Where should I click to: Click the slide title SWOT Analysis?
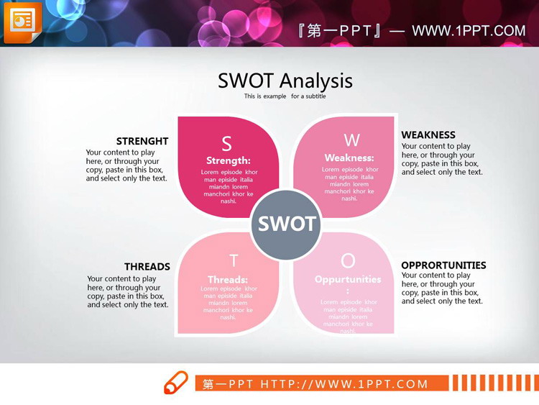click(x=285, y=81)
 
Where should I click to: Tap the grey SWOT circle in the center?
click(x=287, y=224)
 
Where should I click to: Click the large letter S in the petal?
click(x=226, y=144)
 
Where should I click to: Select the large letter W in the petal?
click(x=351, y=140)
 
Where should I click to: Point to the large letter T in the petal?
click(x=234, y=260)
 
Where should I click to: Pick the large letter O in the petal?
click(x=348, y=260)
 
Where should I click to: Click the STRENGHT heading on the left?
click(x=142, y=141)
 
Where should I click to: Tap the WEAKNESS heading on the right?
click(x=428, y=135)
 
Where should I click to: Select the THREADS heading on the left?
click(x=147, y=267)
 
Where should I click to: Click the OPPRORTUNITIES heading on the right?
click(x=443, y=265)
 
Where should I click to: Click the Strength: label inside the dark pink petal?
click(x=229, y=160)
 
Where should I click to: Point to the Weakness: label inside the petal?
click(x=349, y=158)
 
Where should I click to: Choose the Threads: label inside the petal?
click(x=228, y=279)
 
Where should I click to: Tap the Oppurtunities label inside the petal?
click(x=348, y=279)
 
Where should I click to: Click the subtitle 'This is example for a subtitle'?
click(x=285, y=96)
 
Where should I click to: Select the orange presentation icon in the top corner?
click(x=22, y=22)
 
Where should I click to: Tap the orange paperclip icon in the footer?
click(x=175, y=383)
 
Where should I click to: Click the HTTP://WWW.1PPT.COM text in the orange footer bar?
click(x=344, y=384)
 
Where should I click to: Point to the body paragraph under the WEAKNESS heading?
click(x=442, y=159)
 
